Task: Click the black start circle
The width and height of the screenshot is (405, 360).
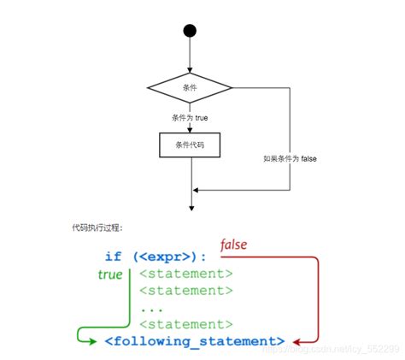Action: [x=190, y=31]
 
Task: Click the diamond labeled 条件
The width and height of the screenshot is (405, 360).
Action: [x=190, y=87]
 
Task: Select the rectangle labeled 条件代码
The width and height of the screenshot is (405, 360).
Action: [x=190, y=145]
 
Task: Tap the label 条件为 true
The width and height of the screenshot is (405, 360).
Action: [x=190, y=116]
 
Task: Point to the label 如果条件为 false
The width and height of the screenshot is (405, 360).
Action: [x=291, y=160]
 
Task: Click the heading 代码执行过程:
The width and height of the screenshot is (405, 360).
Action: [x=97, y=228]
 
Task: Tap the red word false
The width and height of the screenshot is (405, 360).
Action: [x=234, y=245]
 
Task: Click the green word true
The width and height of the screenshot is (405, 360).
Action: [x=110, y=274]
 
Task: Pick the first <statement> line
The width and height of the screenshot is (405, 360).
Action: [x=185, y=274]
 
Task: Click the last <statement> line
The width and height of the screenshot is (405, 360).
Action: [x=185, y=324]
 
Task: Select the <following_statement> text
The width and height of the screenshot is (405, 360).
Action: [x=194, y=341]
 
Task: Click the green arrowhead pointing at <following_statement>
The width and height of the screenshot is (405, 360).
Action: [x=96, y=341]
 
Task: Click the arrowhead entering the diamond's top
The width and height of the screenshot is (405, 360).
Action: [x=190, y=71]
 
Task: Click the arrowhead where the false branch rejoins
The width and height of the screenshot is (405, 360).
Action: [x=195, y=189]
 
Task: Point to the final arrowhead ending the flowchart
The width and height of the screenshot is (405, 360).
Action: [x=190, y=206]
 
